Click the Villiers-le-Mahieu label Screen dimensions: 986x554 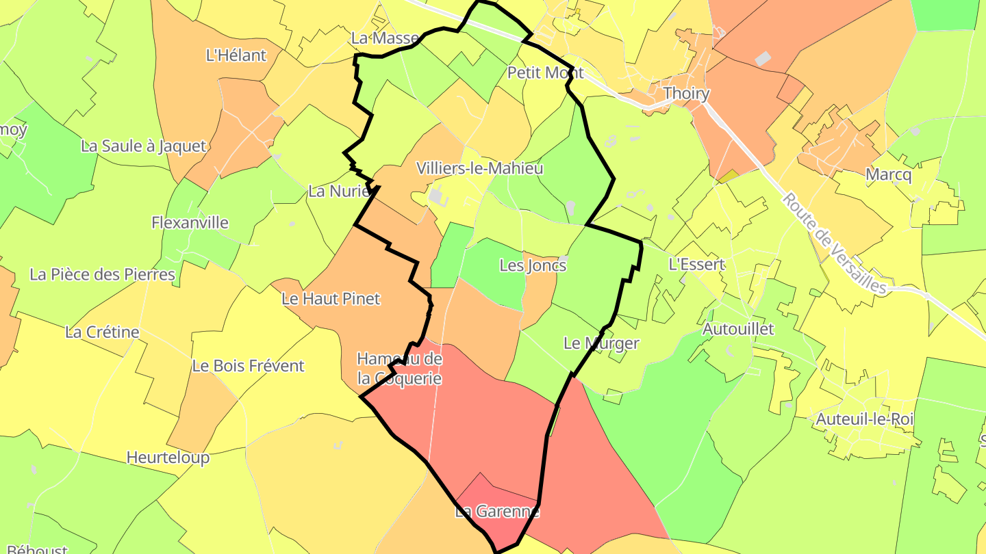pyautogui.click(x=480, y=168)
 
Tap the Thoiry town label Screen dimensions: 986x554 pyautogui.click(x=686, y=94)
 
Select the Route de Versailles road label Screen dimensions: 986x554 pyautogui.click(x=835, y=243)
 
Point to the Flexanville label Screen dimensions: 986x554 pyautogui.click(x=190, y=222)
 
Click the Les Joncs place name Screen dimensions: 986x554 pyautogui.click(x=533, y=265)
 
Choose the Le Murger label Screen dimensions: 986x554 pyautogui.click(x=601, y=343)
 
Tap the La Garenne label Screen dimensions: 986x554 pyautogui.click(x=497, y=512)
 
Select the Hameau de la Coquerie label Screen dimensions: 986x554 pyautogui.click(x=399, y=369)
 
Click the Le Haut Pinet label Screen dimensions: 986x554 pyautogui.click(x=331, y=299)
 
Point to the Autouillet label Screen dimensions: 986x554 pyautogui.click(x=738, y=329)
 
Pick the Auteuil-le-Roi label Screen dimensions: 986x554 pyautogui.click(x=864, y=419)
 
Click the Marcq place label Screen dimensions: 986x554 pyautogui.click(x=889, y=175)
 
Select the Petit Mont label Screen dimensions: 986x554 pyautogui.click(x=545, y=72)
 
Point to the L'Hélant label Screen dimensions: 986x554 pyautogui.click(x=236, y=55)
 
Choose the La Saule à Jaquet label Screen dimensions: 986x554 pyautogui.click(x=143, y=146)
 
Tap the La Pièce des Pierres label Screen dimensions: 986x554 pyautogui.click(x=103, y=274)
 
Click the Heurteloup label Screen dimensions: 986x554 pyautogui.click(x=168, y=457)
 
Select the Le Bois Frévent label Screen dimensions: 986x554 pyautogui.click(x=248, y=366)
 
